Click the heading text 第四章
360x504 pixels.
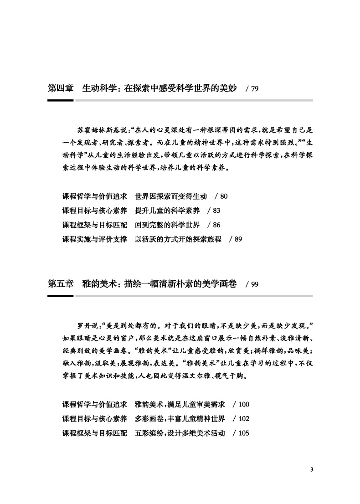tap(61, 88)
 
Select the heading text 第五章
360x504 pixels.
tap(61, 284)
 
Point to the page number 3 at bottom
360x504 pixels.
tap(312, 469)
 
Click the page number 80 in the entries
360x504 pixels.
tap(224, 197)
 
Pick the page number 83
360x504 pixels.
tap(216, 211)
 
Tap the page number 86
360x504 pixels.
tap(216, 225)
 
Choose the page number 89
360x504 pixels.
tap(238, 239)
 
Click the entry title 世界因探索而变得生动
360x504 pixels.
tap(171, 197)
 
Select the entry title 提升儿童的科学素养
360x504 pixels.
tap(167, 211)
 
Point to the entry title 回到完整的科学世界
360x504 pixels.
tap(167, 225)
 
